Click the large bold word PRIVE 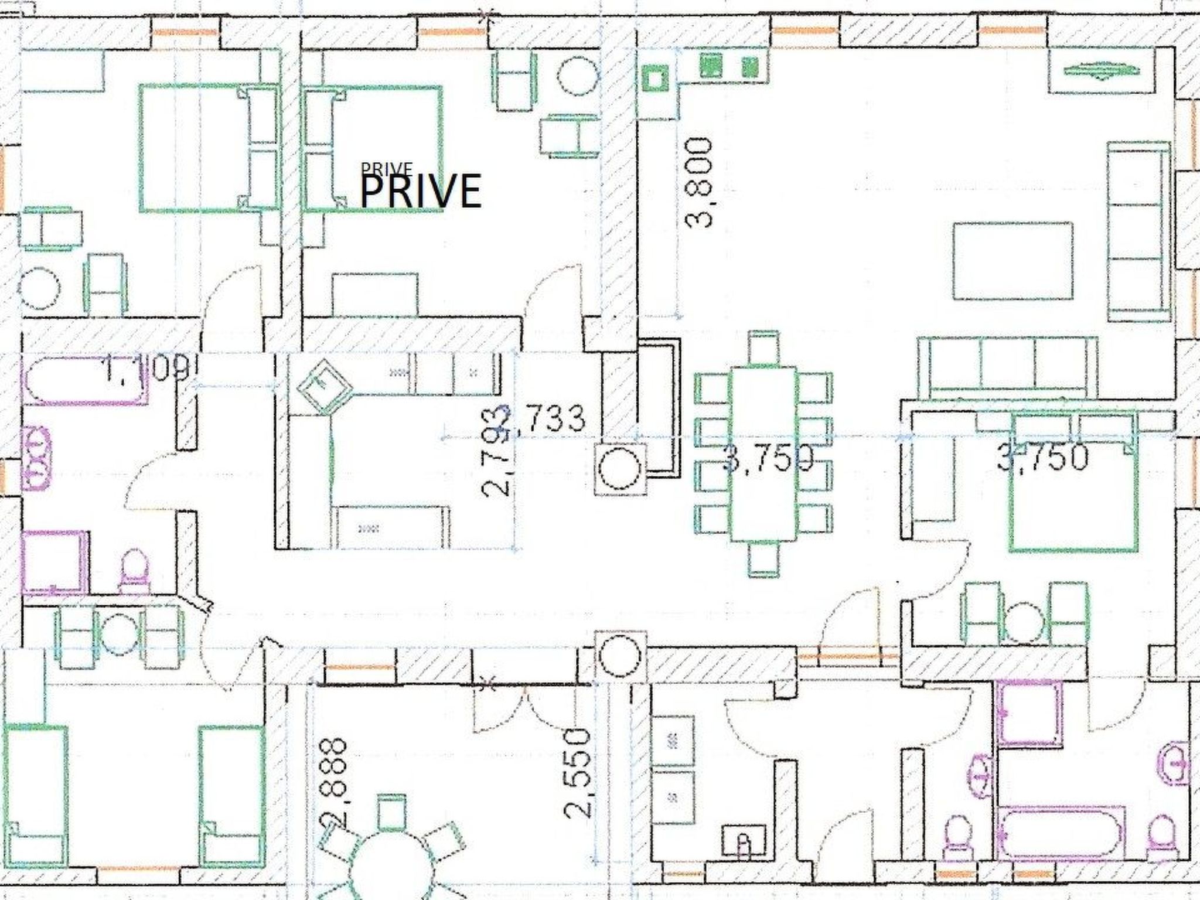(x=421, y=192)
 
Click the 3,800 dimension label (x=700, y=182)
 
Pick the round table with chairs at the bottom (x=389, y=867)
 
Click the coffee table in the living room (x=1012, y=260)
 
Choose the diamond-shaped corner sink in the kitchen (x=323, y=387)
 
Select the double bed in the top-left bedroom (x=208, y=148)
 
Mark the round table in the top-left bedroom (x=39, y=287)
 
